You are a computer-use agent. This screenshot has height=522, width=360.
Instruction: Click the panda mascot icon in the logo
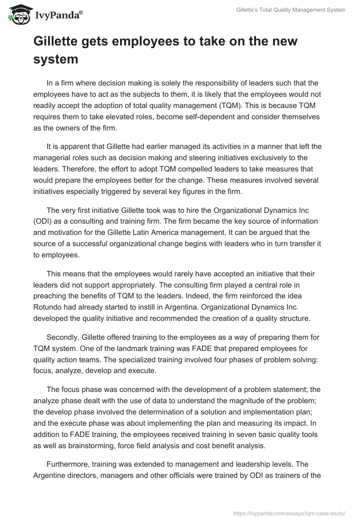click(x=17, y=14)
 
